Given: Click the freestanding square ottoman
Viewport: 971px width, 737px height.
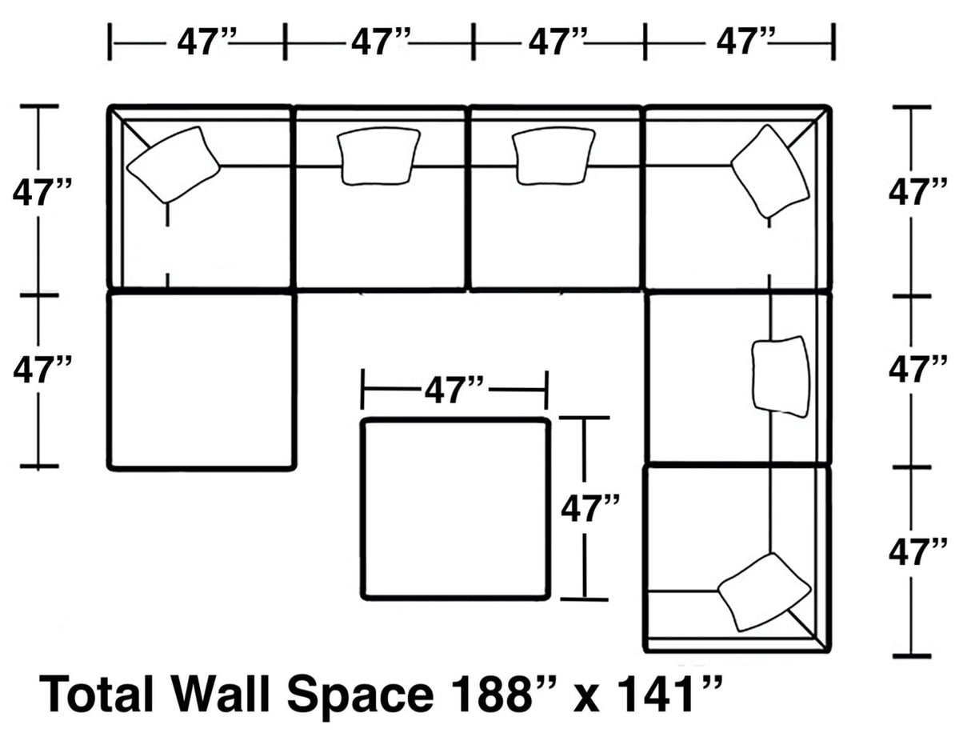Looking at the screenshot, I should pyautogui.click(x=455, y=509).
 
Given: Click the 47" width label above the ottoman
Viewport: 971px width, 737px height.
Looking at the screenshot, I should pyautogui.click(x=454, y=391).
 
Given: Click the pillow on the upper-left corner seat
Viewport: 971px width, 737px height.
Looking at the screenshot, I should pyautogui.click(x=173, y=164).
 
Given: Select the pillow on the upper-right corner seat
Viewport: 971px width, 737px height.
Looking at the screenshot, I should pyautogui.click(x=769, y=170).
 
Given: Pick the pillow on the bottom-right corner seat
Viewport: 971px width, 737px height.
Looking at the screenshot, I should pyautogui.click(x=763, y=591).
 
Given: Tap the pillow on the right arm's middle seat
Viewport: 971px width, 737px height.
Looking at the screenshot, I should pyautogui.click(x=781, y=376).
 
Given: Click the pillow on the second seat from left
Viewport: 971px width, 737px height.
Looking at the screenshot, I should pyautogui.click(x=378, y=155).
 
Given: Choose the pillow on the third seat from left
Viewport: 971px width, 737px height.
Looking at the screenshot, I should pyautogui.click(x=553, y=155).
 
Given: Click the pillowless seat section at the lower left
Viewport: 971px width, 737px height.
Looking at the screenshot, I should pyautogui.click(x=202, y=381).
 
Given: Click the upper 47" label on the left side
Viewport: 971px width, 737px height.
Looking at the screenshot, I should pyautogui.click(x=42, y=193).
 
